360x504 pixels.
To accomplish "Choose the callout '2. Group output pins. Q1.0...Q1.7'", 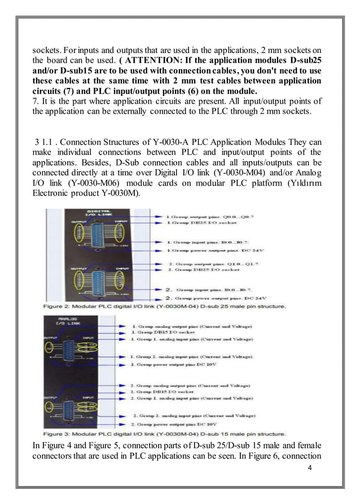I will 212,264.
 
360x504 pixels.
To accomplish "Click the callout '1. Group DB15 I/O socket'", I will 164,333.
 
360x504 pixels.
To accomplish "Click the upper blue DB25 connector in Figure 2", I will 95,237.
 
